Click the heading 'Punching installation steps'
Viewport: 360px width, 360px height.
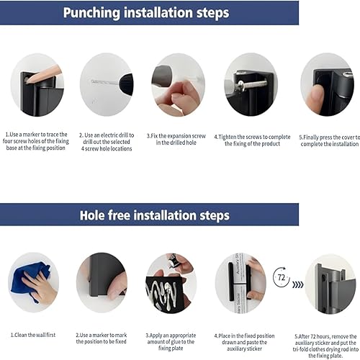pos(146,12)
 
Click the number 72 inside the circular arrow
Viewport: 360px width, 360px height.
pos(282,276)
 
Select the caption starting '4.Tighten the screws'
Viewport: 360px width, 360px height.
pos(251,138)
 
